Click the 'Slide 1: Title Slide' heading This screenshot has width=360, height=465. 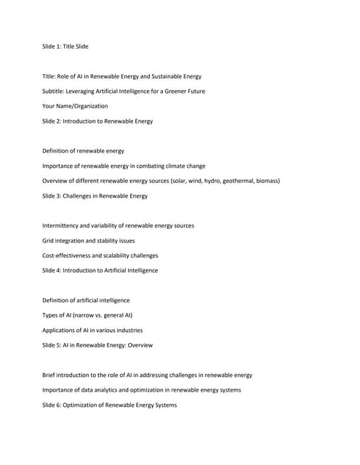point(65,46)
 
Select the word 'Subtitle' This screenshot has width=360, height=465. point(55,92)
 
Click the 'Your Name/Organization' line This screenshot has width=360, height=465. point(75,106)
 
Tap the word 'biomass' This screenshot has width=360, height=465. point(266,181)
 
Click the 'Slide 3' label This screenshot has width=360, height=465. point(54,196)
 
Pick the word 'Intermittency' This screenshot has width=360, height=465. point(61,226)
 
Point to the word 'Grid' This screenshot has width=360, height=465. point(49,240)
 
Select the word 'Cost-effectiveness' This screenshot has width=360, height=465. point(68,256)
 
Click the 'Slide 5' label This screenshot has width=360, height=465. point(54,345)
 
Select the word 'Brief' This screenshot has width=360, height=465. point(49,375)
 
